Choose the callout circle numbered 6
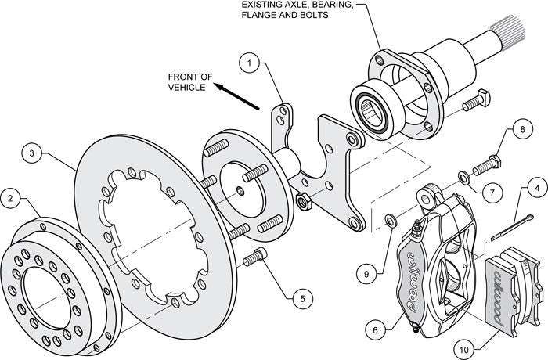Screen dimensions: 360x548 [377, 330]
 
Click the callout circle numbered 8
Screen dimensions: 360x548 [521, 129]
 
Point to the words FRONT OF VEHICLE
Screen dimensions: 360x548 [190, 82]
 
